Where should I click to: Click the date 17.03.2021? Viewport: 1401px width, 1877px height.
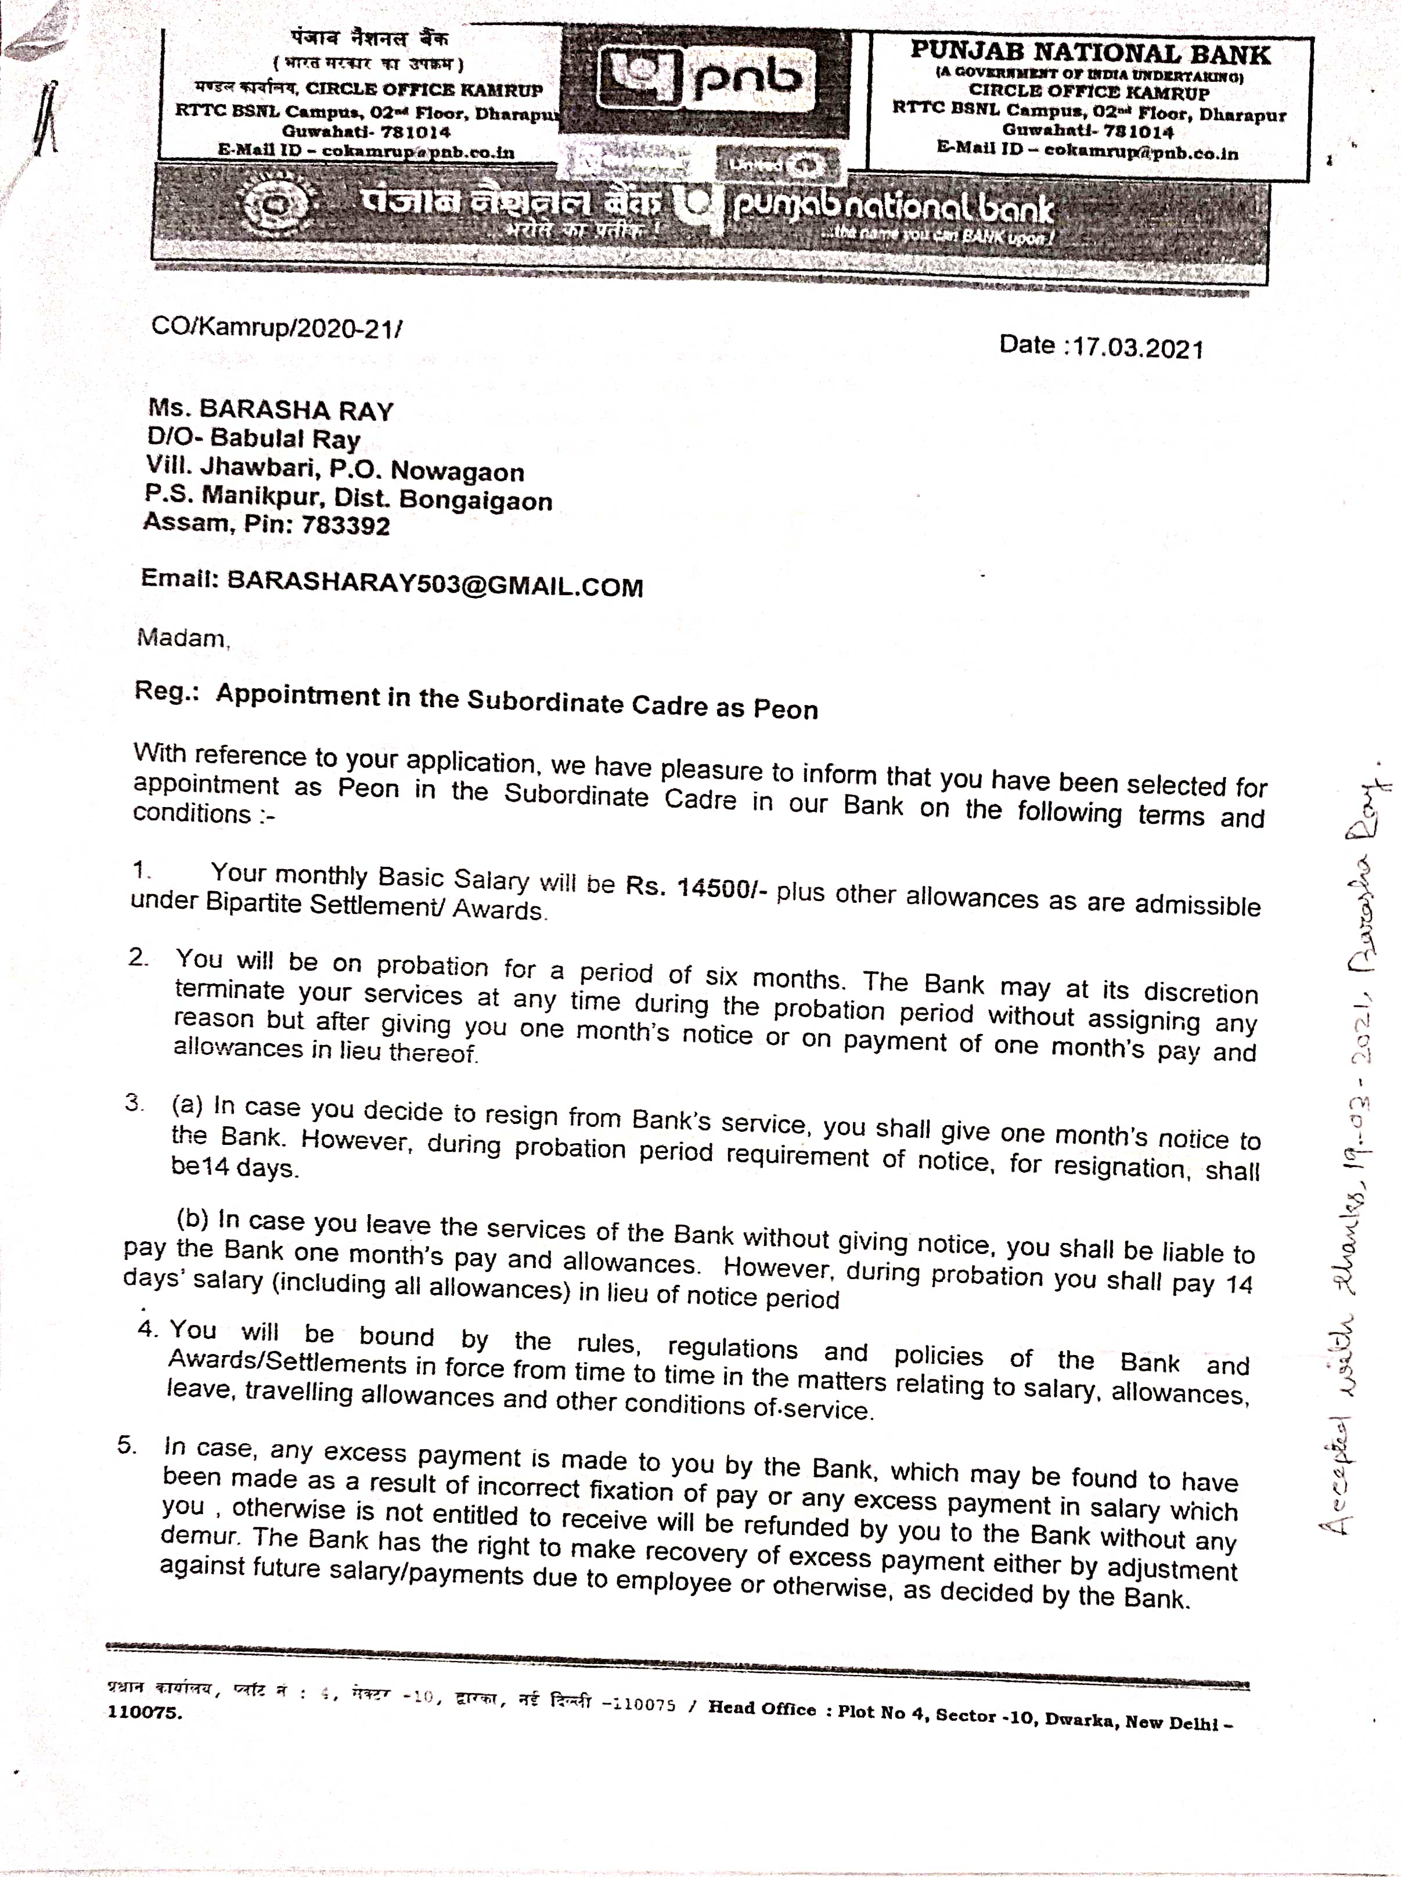point(1136,348)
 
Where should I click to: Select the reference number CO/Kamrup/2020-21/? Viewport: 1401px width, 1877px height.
point(276,327)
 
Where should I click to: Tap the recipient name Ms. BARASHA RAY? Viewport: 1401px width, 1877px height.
point(271,410)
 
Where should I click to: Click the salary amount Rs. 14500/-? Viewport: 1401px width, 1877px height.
point(696,887)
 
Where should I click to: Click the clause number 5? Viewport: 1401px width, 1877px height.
point(127,1444)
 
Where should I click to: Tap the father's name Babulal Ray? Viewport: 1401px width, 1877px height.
point(285,439)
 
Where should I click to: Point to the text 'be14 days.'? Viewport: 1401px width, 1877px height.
point(234,1168)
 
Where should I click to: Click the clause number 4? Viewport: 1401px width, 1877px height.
point(147,1328)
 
